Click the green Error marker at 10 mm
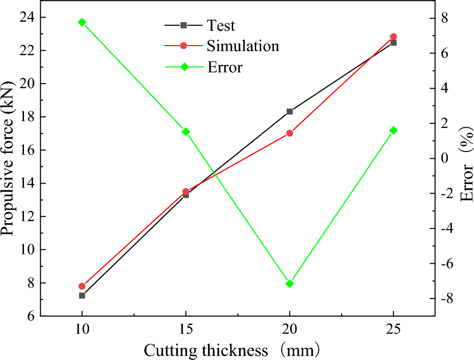click(x=82, y=22)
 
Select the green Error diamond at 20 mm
click(x=290, y=284)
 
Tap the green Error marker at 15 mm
click(x=186, y=132)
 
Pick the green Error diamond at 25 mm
click(x=394, y=130)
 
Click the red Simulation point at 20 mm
click(x=290, y=133)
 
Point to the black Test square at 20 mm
click(x=290, y=111)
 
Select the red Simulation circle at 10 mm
click(x=82, y=286)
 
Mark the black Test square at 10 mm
click(x=82, y=295)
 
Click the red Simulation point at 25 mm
click(x=394, y=37)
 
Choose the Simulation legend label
click(x=243, y=46)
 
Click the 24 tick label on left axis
click(x=27, y=17)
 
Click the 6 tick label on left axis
click(x=31, y=316)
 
